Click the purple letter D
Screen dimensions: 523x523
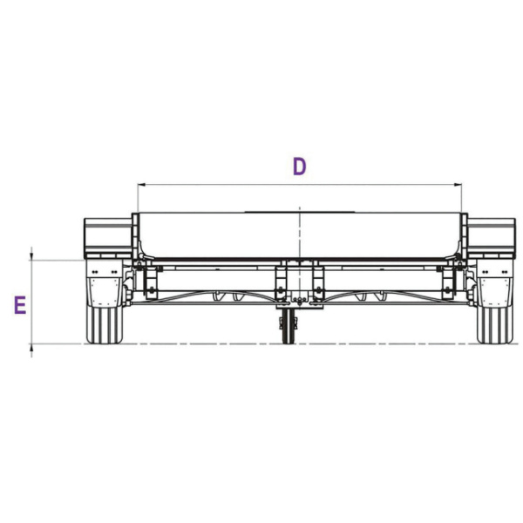click(299, 166)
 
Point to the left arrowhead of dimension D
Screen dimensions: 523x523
click(141, 184)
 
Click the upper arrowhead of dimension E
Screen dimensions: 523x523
click(31, 256)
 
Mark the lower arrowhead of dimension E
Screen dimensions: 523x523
click(31, 348)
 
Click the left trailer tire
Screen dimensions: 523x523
click(105, 325)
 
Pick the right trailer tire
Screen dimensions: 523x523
click(494, 325)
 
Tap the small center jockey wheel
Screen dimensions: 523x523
click(288, 326)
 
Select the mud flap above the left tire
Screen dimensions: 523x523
click(105, 284)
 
